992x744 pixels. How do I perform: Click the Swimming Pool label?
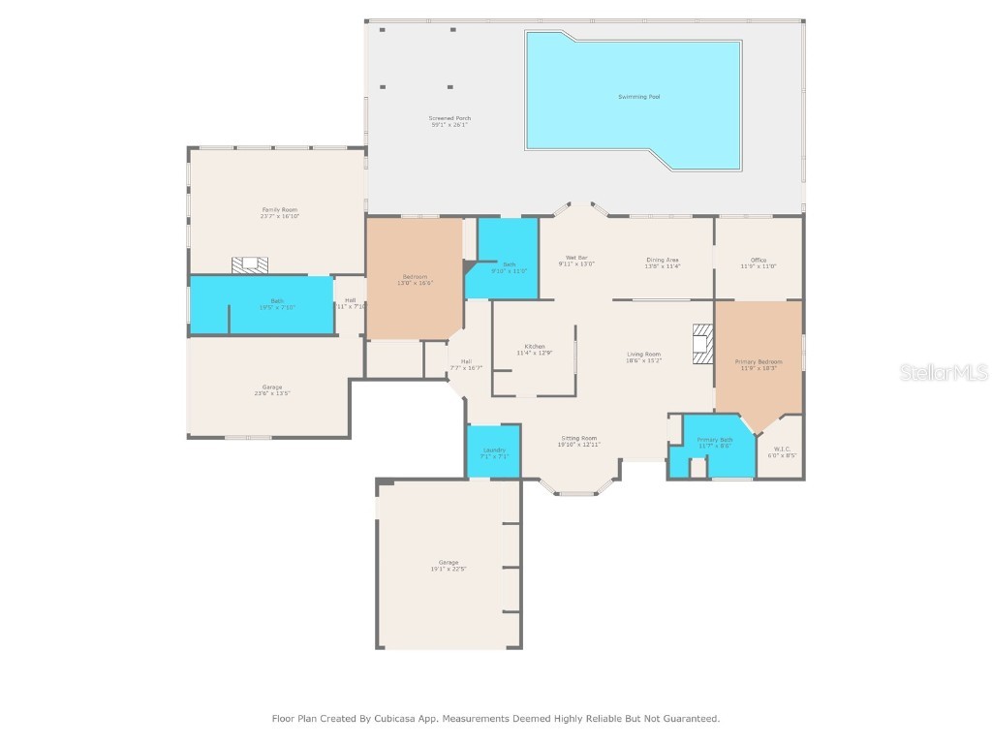(x=639, y=97)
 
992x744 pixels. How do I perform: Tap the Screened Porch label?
(x=449, y=118)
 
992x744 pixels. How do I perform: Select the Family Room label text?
(x=279, y=209)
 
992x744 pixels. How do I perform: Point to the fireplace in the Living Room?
(x=702, y=343)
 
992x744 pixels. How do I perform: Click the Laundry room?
(x=494, y=451)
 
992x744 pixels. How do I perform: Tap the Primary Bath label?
(x=715, y=441)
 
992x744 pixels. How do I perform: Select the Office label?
(x=759, y=260)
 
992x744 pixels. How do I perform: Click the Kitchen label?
(x=535, y=347)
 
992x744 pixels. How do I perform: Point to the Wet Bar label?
(x=576, y=258)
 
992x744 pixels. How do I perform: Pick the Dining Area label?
(x=663, y=260)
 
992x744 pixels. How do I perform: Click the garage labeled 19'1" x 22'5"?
(x=449, y=565)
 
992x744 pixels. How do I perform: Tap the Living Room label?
(x=643, y=355)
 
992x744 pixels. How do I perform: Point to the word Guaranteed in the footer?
(x=690, y=719)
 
